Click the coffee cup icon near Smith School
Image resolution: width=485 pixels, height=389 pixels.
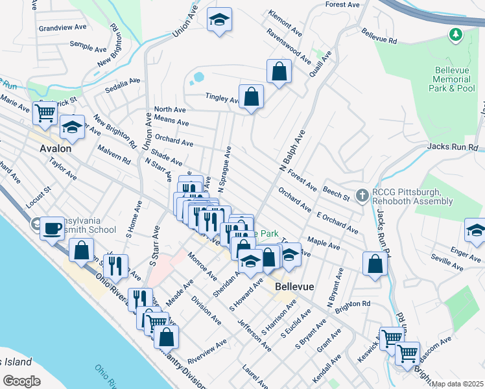[x=52, y=228]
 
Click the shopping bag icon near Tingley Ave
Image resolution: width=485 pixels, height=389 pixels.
[x=251, y=97]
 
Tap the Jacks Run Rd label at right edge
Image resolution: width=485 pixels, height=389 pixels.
[x=452, y=147]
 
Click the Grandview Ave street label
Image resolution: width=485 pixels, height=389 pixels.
[x=62, y=29]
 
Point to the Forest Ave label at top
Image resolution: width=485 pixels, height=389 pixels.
[x=342, y=5]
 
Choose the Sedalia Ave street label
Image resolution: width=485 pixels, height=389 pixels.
[x=124, y=82]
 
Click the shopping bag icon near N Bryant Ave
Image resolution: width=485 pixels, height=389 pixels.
[x=375, y=264]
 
